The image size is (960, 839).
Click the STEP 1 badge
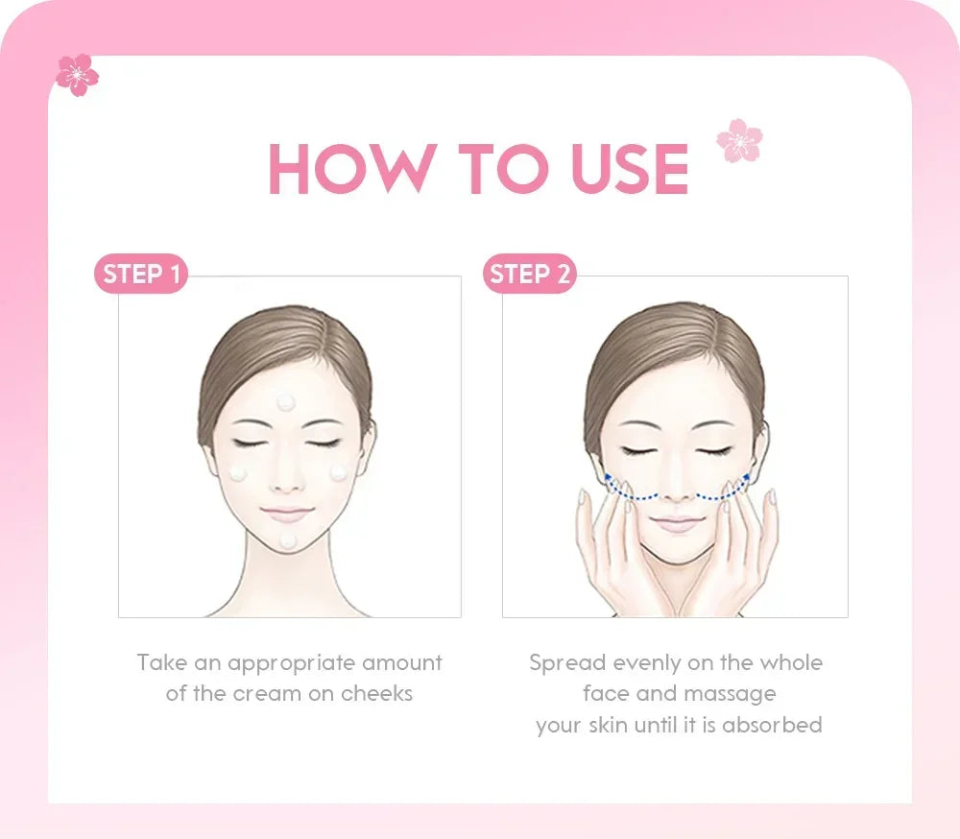point(141,275)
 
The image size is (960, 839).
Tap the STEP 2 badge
point(529,275)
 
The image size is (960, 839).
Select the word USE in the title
point(630,170)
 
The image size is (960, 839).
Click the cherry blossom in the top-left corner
point(77,74)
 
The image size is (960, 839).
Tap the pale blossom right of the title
point(739,141)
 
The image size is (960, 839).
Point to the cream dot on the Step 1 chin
point(287,542)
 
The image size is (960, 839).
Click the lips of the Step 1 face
point(286,514)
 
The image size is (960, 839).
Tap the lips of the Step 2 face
point(678,523)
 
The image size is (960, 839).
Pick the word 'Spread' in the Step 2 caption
point(567,662)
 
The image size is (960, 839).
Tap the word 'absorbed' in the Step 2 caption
point(772,724)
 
